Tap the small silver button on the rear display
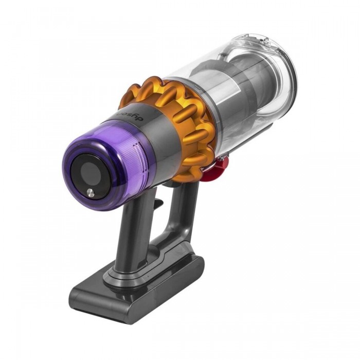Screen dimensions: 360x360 pos(91,193)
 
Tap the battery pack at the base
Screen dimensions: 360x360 pos(136,285)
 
